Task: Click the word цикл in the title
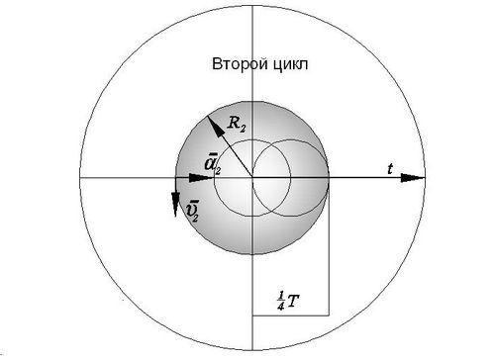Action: [x=291, y=64]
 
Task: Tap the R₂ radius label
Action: [x=237, y=125]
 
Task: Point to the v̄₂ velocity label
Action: [x=191, y=212]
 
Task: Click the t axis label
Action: [x=390, y=169]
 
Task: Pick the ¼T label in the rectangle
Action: [x=288, y=301]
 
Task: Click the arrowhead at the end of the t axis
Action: [x=413, y=178]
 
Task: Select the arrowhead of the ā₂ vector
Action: [x=201, y=178]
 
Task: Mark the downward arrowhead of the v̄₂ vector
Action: [x=175, y=205]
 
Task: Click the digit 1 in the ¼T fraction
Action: [x=280, y=297]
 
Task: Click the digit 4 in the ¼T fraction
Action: [x=281, y=307]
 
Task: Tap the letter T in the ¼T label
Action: [x=294, y=301]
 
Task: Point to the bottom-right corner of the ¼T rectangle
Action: [x=329, y=315]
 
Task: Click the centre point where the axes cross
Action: [x=252, y=178]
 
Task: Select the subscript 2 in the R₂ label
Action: [x=243, y=129]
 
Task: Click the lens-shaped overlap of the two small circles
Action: [x=271, y=178]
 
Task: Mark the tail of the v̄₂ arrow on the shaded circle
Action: [x=175, y=178]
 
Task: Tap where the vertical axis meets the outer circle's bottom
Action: [x=252, y=350]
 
